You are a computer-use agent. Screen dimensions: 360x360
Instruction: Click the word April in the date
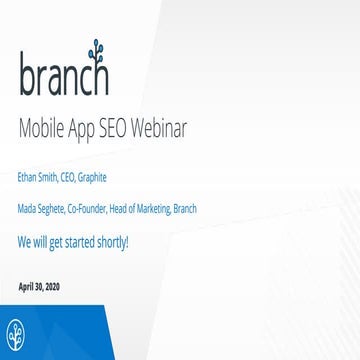(x=27, y=287)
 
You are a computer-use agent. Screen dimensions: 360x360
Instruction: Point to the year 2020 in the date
(x=51, y=287)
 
